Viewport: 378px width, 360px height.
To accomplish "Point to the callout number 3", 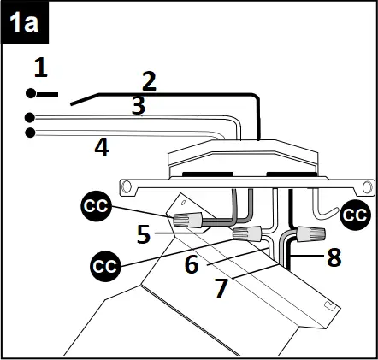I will point(137,105).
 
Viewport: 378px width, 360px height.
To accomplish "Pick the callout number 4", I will point(101,148).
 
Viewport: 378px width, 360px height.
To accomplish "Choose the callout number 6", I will point(192,263).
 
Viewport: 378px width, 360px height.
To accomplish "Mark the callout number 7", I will point(221,288).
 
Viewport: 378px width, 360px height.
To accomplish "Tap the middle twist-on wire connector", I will point(248,233).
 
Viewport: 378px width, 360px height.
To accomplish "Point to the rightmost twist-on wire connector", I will point(309,232).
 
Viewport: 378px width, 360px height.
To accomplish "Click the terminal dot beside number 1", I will point(30,92).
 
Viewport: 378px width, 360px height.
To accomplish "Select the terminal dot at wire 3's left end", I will point(30,117).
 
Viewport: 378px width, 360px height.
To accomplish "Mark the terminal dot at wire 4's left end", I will point(30,133).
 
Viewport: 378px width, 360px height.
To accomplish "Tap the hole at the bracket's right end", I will point(368,186).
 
